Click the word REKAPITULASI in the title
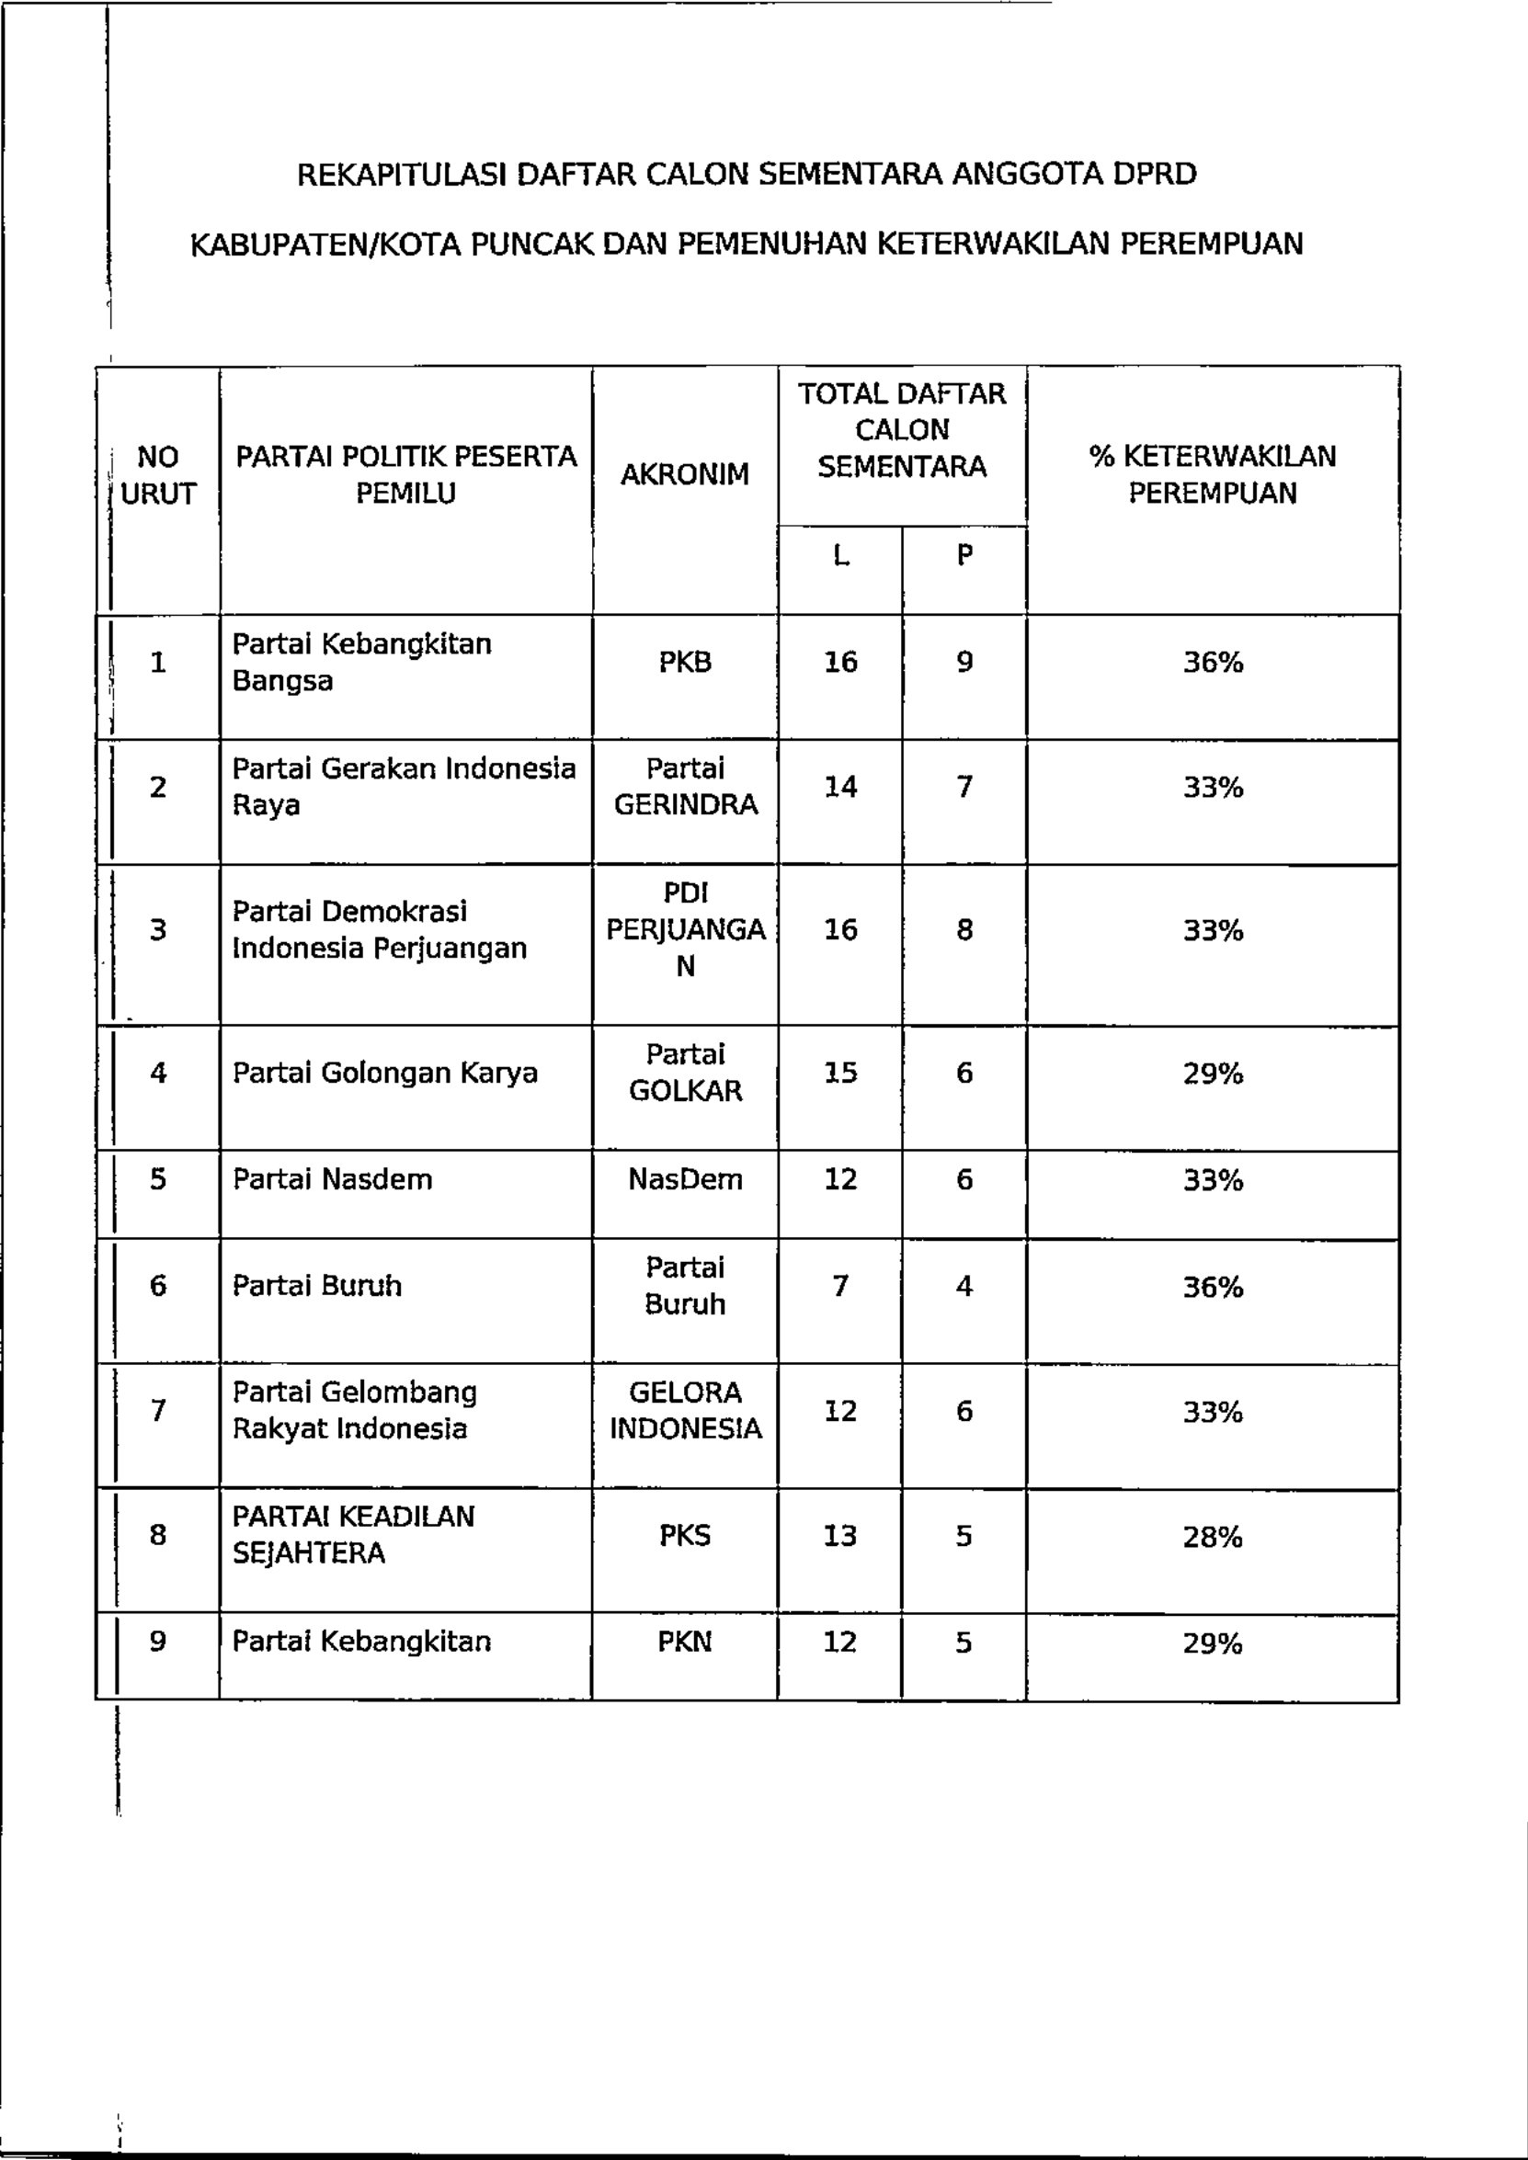point(404,175)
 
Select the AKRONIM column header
point(685,474)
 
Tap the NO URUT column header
point(158,475)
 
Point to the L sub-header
point(840,556)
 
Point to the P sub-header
point(964,556)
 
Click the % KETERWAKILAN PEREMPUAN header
point(1212,474)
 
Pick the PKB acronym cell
point(685,663)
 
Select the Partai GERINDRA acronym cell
point(685,787)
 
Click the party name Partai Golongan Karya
point(385,1074)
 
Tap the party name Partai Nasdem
point(332,1179)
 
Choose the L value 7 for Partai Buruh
point(840,1286)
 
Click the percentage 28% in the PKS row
point(1213,1537)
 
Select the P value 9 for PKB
point(964,663)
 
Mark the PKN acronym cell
point(685,1643)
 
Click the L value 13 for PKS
point(840,1536)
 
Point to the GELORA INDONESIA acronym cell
point(685,1410)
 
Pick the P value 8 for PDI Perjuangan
point(964,930)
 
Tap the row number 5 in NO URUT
point(158,1179)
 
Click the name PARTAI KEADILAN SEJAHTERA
point(354,1534)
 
